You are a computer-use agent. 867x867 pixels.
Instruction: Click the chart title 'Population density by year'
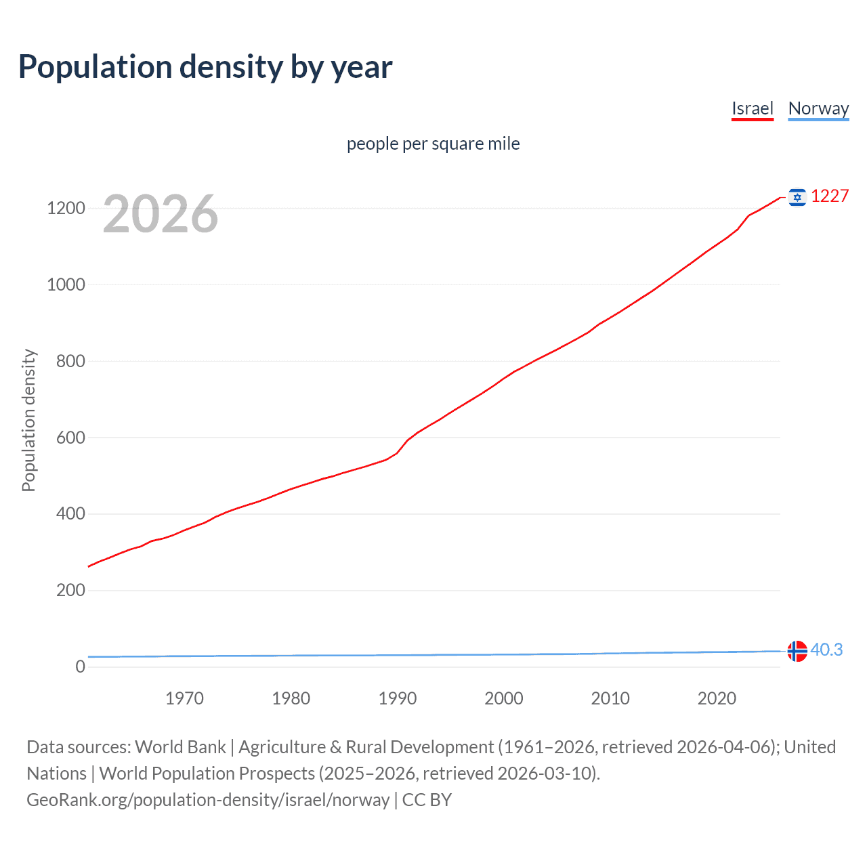[x=205, y=67]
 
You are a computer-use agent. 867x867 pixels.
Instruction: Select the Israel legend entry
[x=752, y=108]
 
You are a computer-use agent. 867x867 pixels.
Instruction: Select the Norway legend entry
[x=818, y=108]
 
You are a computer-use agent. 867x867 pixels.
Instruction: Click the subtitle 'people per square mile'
[x=433, y=144]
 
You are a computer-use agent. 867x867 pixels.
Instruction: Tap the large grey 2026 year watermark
[x=161, y=214]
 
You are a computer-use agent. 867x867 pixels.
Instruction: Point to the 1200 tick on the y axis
[x=66, y=209]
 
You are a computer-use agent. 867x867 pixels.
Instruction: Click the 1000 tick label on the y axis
[x=66, y=285]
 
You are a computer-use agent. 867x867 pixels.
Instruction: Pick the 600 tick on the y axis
[x=70, y=438]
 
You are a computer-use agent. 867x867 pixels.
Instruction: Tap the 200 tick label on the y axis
[x=70, y=591]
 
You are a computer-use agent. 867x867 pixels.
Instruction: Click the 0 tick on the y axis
[x=80, y=667]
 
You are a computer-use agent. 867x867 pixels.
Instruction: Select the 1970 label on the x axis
[x=184, y=698]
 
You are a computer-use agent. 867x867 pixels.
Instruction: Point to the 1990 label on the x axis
[x=398, y=698]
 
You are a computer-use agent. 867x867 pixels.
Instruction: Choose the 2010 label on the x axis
[x=610, y=698]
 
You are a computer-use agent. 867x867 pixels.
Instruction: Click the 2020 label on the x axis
[x=717, y=698]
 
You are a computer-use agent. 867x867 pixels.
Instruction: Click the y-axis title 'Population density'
[x=28, y=420]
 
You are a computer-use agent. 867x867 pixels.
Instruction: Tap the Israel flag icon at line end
[x=797, y=197]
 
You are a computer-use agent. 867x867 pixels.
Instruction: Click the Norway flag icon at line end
[x=797, y=651]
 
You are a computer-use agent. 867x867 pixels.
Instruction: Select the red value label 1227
[x=830, y=196]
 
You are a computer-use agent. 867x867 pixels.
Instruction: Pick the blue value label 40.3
[x=826, y=650]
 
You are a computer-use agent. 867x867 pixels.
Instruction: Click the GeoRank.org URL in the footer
[x=208, y=800]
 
